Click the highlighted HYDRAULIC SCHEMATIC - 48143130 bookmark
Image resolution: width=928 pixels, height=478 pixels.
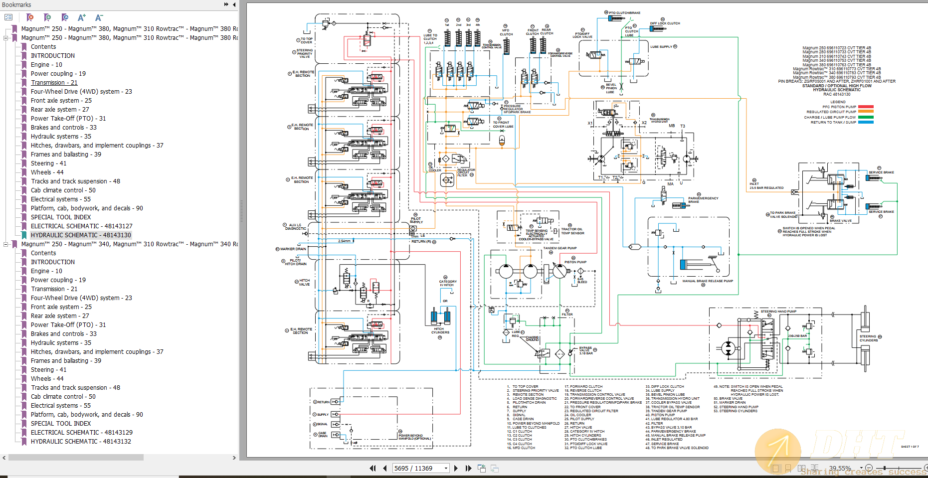(x=80, y=235)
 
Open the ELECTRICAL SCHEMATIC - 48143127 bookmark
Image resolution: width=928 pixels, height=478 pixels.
(x=81, y=226)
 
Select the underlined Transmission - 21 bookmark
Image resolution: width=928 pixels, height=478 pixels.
(x=54, y=82)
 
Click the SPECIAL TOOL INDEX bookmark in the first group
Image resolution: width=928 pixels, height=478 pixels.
(x=60, y=217)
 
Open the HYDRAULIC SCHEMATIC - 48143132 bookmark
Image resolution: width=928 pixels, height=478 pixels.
(x=80, y=441)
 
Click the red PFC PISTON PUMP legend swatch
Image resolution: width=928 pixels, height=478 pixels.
(x=866, y=107)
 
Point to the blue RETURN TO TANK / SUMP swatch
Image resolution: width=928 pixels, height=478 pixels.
(x=866, y=122)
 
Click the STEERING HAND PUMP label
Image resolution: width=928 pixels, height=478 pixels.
(x=778, y=312)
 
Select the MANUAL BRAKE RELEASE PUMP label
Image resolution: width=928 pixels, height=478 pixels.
(x=708, y=281)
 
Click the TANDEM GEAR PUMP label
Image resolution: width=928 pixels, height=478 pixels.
(x=559, y=248)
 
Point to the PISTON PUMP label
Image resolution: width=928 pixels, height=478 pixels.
(x=575, y=262)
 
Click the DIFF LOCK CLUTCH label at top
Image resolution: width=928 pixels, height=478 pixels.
(x=665, y=23)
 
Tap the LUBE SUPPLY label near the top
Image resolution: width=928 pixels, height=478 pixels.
(x=661, y=47)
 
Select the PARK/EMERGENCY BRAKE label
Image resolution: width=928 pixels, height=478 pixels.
(x=703, y=200)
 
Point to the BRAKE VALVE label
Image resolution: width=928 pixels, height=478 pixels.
(x=841, y=221)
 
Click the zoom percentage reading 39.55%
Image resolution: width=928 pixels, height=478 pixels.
(x=840, y=468)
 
